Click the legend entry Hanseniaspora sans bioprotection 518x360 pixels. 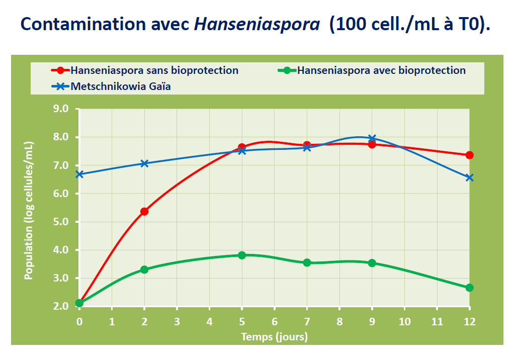coord(154,70)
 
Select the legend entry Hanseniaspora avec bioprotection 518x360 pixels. coord(381,70)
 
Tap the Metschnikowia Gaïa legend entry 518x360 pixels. coord(120,86)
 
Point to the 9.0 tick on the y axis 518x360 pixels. coord(65,109)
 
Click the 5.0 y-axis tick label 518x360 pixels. coord(65,222)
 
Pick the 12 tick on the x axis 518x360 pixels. coord(469,321)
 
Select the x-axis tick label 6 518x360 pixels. coord(275,321)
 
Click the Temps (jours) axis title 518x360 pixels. coord(274,336)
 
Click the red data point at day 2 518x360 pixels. coord(144,211)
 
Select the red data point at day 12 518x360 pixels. coord(469,155)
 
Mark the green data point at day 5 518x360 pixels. coord(242,255)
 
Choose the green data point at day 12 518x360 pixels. coord(469,288)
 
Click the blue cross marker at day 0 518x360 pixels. coord(79,174)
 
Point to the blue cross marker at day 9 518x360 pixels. coord(372,138)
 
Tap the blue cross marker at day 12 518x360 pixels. coord(469,177)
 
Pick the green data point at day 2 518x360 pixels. coord(144,269)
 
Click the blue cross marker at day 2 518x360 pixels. coord(144,163)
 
